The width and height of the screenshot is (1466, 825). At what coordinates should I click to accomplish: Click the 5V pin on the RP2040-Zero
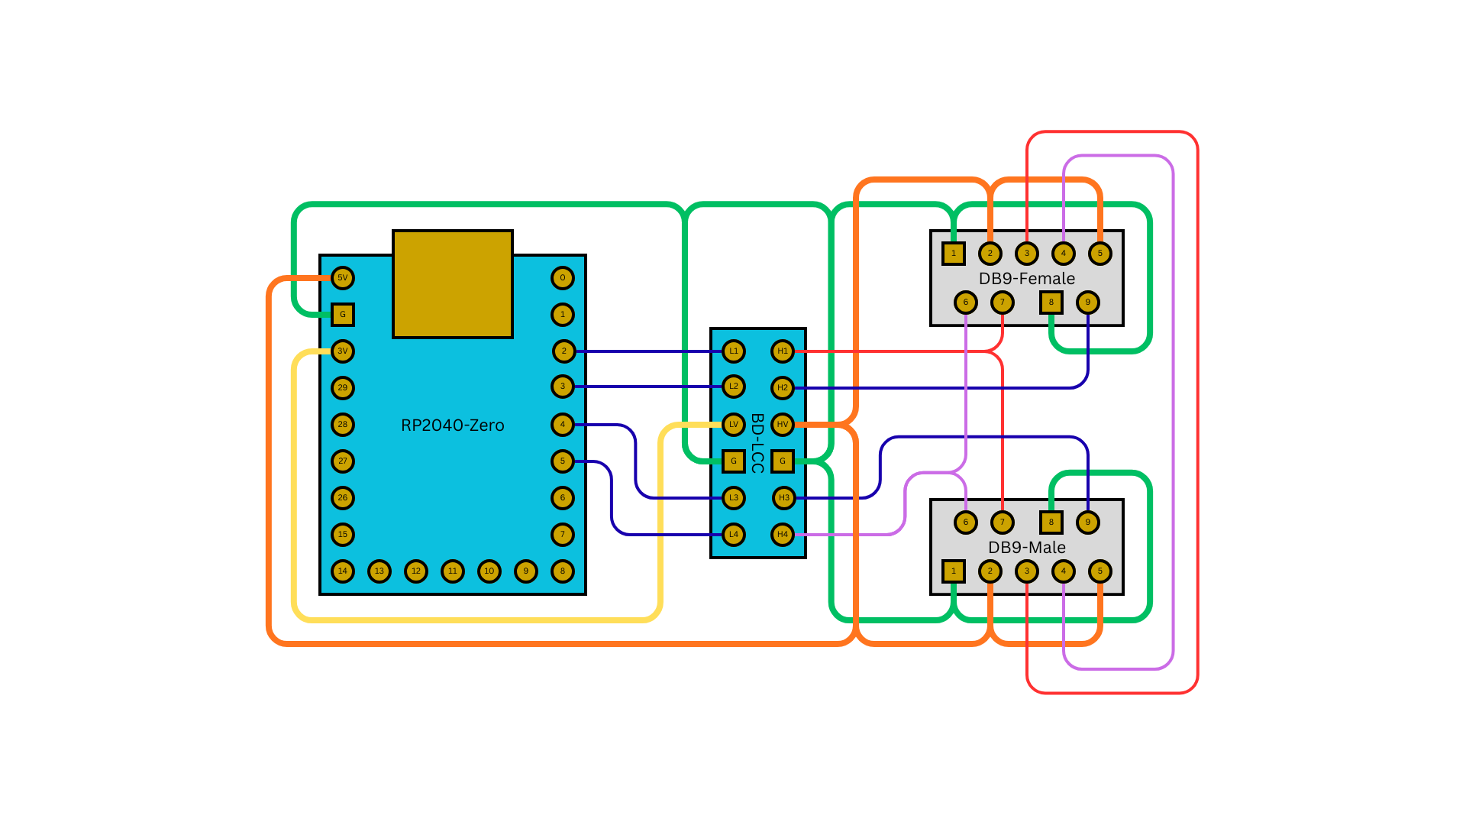pos(343,278)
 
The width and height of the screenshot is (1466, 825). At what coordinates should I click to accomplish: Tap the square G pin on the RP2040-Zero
pos(343,314)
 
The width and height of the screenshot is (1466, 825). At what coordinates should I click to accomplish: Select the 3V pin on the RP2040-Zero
pos(343,351)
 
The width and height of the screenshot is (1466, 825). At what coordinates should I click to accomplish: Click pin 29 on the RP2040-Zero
pos(343,388)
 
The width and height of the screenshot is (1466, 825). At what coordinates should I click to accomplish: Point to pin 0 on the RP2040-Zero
pos(563,278)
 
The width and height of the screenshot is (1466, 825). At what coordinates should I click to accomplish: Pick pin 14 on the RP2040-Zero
pos(343,571)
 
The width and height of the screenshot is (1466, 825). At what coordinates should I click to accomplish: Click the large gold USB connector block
pos(453,284)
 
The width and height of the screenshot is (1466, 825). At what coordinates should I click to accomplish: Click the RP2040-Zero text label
pos(453,425)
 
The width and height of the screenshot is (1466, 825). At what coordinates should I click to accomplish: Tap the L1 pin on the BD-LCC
pos(734,351)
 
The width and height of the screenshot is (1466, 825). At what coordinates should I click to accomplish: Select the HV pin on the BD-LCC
pos(783,425)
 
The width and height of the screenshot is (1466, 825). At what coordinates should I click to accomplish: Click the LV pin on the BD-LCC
pos(734,425)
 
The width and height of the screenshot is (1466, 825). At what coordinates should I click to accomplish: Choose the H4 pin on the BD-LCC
pos(783,535)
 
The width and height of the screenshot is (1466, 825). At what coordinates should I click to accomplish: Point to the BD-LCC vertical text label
pos(757,444)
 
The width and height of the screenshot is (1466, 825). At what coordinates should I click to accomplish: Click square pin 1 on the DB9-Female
pos(954,254)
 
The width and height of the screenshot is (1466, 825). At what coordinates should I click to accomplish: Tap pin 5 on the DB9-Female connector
pos(1100,254)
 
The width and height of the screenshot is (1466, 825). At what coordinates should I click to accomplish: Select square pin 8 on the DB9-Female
pos(1051,302)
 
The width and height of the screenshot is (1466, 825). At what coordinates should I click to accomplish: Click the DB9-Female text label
pos(1027,279)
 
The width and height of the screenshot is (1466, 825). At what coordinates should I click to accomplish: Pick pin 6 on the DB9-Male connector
pos(966,522)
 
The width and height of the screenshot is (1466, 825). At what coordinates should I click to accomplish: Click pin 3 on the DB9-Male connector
pos(1027,571)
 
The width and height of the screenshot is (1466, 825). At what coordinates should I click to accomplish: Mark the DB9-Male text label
pos(1027,548)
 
